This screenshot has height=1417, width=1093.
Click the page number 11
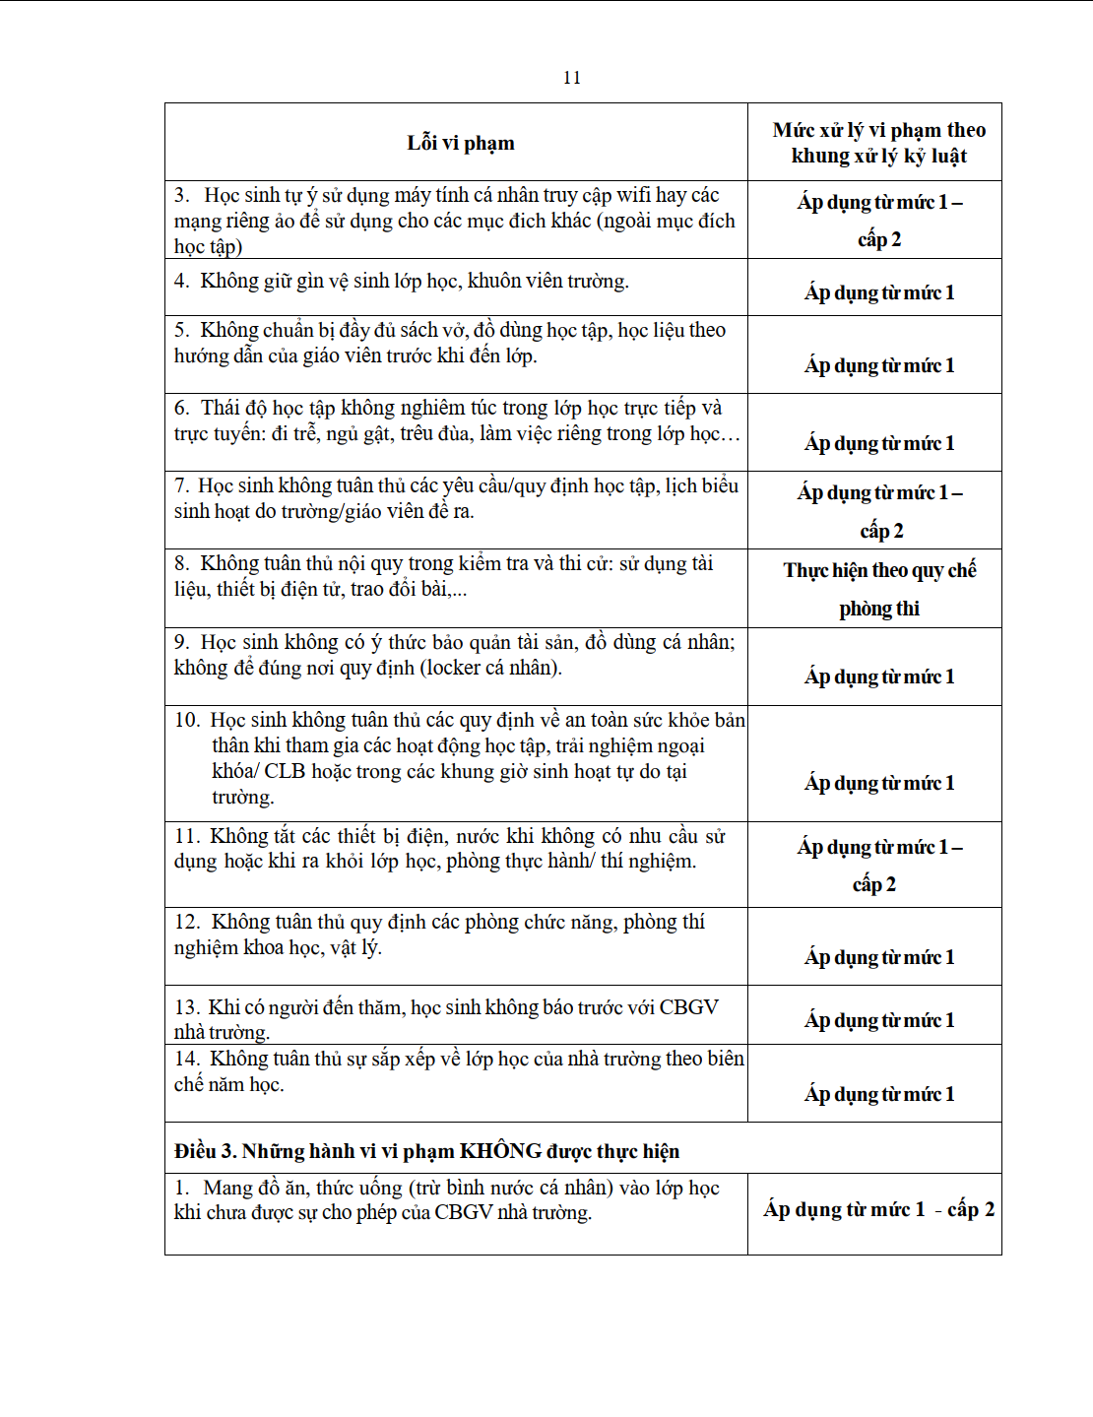tap(572, 78)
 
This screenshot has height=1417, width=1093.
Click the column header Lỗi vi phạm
tap(460, 143)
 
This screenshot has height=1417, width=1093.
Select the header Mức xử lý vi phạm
tap(878, 130)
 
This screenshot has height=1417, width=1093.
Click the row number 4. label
tap(182, 282)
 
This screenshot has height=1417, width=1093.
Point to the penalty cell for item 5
tap(878, 365)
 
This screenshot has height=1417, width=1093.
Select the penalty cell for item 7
tap(878, 510)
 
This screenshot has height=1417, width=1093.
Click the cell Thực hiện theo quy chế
tap(878, 571)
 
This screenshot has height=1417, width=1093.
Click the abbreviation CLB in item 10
tap(285, 771)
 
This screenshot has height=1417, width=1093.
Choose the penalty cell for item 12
tap(878, 957)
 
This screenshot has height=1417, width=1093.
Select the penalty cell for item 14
tap(878, 1094)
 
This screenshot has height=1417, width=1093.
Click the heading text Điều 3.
tap(205, 1151)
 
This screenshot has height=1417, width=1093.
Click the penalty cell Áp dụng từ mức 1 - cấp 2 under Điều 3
tap(878, 1209)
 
